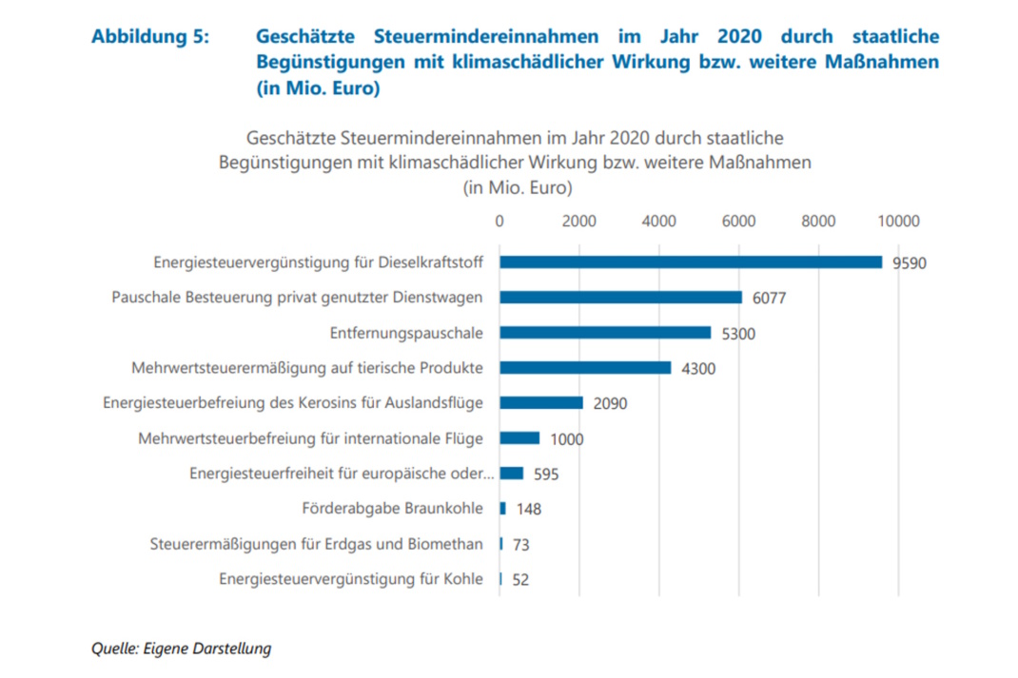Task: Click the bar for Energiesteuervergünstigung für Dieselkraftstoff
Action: coord(691,262)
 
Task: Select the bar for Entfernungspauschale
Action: coord(605,333)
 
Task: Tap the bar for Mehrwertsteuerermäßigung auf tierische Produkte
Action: coord(585,368)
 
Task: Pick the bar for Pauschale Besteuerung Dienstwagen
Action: coord(620,298)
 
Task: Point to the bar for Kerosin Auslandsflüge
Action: coord(541,403)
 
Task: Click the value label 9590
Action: coord(909,263)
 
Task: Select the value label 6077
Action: coord(769,299)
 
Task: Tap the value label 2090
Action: coord(610,404)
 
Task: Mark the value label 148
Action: coord(528,510)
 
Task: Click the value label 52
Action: coord(520,580)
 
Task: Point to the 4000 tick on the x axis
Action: coord(659,222)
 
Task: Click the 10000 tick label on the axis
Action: coord(898,222)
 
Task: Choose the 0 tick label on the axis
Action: coord(499,222)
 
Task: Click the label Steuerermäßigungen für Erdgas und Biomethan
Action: coord(317,544)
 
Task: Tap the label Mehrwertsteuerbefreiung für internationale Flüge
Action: coord(310,438)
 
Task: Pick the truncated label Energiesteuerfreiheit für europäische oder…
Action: coord(342,474)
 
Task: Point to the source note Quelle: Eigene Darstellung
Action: coord(181,649)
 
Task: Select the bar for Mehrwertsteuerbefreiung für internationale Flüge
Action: coord(519,438)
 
